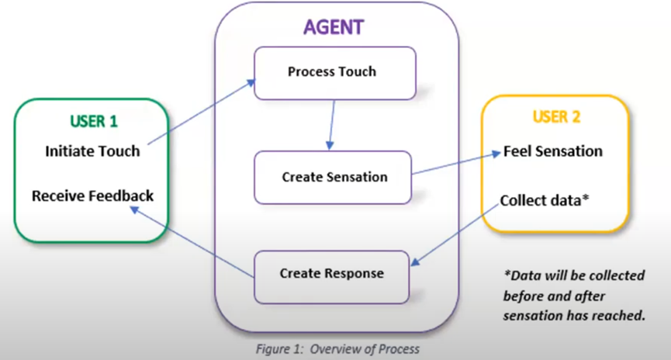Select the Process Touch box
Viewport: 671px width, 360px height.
pyautogui.click(x=332, y=72)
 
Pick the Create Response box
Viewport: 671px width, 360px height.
pyautogui.click(x=332, y=274)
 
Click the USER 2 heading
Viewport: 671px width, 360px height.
pyautogui.click(x=556, y=117)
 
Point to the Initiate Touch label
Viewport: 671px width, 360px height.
pyautogui.click(x=92, y=151)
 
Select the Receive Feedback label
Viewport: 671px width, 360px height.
pyautogui.click(x=92, y=196)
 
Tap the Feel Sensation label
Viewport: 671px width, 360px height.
pyautogui.click(x=553, y=151)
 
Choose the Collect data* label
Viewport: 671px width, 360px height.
pyautogui.click(x=545, y=200)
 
